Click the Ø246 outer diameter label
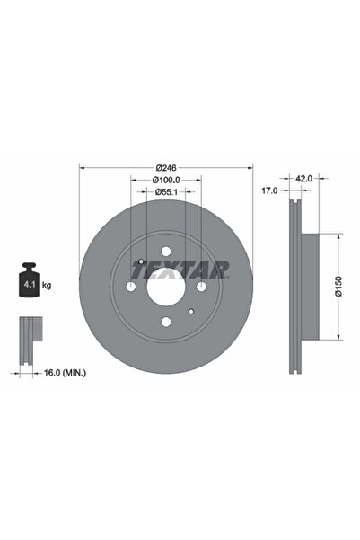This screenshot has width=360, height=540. coord(165,168)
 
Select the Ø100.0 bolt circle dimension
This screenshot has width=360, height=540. coord(165,181)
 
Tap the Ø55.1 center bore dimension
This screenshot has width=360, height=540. coord(165,193)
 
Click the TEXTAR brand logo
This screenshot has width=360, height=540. coord(180,268)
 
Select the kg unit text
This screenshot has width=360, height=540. coord(47,285)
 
